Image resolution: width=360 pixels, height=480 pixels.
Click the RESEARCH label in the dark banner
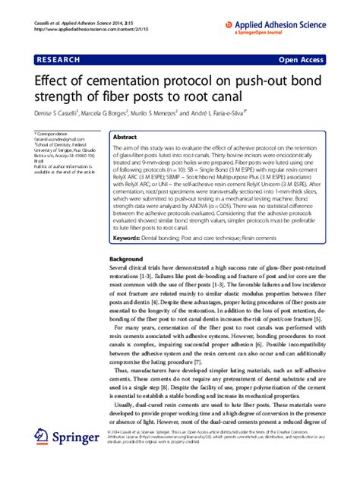(x=62, y=58)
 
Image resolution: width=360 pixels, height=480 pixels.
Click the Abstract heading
(x=125, y=137)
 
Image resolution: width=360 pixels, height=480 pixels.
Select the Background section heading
(x=130, y=259)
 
